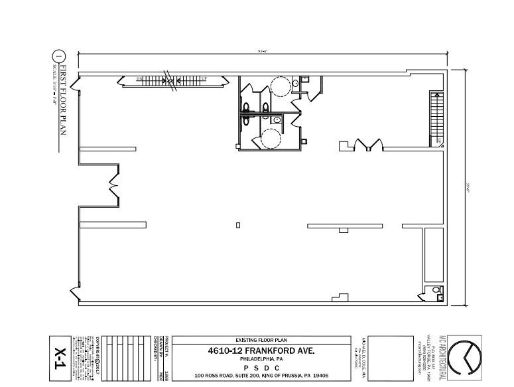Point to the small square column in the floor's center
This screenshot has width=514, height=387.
tap(238, 225)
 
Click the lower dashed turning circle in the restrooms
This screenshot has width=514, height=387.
tap(270, 138)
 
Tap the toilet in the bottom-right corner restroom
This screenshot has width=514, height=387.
tap(436, 291)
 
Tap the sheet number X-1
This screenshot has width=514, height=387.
tap(60, 359)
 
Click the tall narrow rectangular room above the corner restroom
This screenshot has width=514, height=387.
tap(434, 255)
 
